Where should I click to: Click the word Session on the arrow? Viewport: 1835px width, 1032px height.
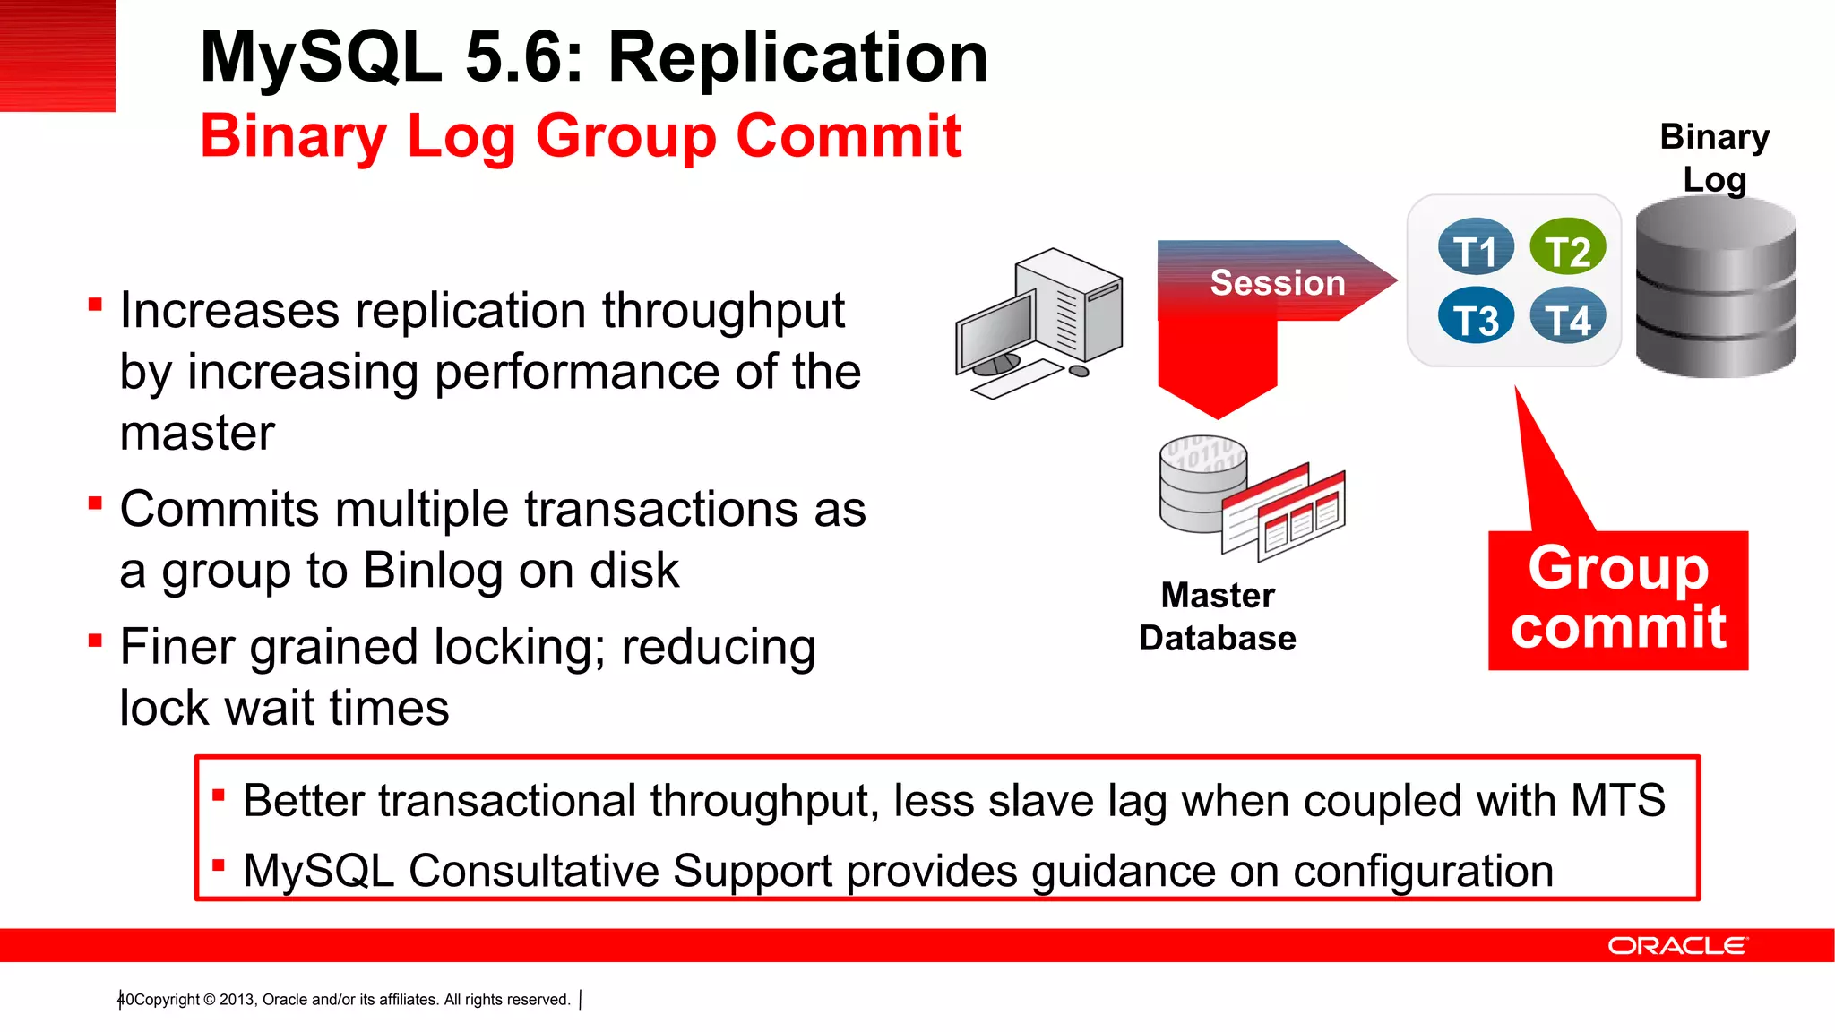[x=1278, y=283]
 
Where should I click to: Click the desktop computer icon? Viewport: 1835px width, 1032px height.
[x=1039, y=322]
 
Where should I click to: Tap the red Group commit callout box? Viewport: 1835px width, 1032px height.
[x=1618, y=599]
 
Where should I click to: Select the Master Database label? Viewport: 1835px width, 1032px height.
[x=1218, y=616]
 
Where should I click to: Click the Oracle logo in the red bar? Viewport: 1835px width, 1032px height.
[x=1676, y=946]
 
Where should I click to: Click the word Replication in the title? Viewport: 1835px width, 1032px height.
[x=797, y=57]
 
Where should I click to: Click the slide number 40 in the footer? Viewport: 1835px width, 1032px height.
[x=125, y=999]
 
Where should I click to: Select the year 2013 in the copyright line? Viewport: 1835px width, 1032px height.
[x=237, y=999]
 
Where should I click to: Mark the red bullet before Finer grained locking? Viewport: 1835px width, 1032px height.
[x=95, y=641]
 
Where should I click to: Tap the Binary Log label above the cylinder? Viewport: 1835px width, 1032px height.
[x=1714, y=158]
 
